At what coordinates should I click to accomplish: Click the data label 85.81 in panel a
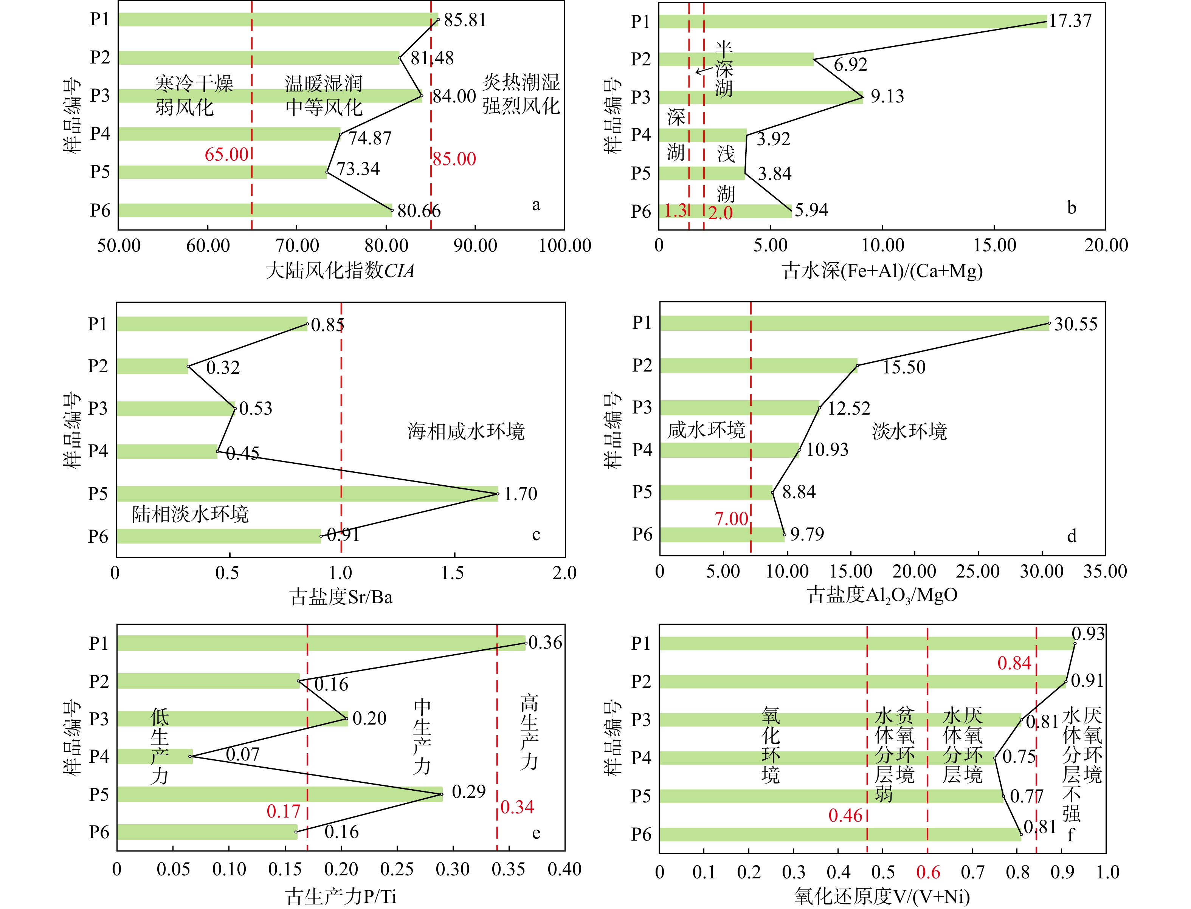point(465,20)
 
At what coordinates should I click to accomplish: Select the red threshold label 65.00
point(226,155)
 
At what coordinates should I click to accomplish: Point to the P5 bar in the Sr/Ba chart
point(307,494)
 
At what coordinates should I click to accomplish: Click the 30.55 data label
point(1076,324)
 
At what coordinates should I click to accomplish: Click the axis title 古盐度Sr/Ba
point(341,597)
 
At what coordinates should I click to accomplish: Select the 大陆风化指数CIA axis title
point(340,270)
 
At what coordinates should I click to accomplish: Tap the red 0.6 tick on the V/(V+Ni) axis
point(928,872)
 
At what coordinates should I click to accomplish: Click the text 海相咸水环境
point(466,431)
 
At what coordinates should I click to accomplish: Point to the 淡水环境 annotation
point(910,431)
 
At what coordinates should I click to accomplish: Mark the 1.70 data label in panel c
point(521,494)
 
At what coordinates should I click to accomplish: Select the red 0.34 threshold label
point(517,807)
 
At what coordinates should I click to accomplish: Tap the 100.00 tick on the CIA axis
point(565,246)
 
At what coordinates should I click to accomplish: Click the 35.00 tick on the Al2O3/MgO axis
point(1105,571)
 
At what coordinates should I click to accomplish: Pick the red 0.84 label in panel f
point(1014,663)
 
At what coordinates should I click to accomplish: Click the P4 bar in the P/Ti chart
point(155,756)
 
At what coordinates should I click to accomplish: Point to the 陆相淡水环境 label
point(191,514)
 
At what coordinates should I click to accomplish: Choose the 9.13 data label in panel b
point(887,96)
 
